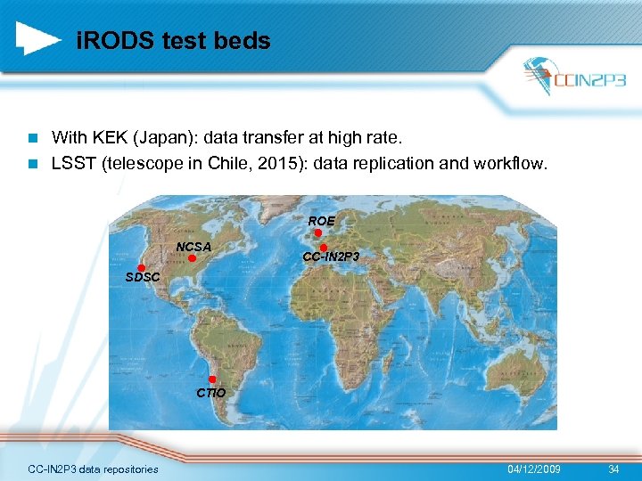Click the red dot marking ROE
tap(318, 232)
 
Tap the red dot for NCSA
tap(192, 257)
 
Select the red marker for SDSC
tap(141, 267)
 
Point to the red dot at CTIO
tap(212, 379)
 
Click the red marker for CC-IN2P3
tap(324, 247)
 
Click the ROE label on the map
tap(322, 220)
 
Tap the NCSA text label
tap(193, 246)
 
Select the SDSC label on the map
tap(143, 278)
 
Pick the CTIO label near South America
tap(211, 393)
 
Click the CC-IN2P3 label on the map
tap(331, 257)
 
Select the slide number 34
tap(613, 469)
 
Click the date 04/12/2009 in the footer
tap(534, 469)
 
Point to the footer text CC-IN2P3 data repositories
tap(93, 469)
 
